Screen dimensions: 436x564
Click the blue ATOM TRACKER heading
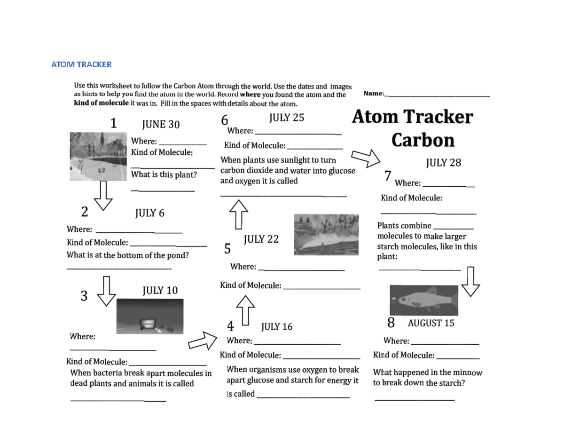point(81,64)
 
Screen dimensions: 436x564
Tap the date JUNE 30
point(161,124)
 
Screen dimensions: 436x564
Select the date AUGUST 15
point(431,323)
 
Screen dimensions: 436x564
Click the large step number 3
point(84,296)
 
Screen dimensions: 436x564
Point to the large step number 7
point(387,176)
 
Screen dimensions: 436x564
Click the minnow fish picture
point(424,300)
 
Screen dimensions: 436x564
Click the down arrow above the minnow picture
point(470,281)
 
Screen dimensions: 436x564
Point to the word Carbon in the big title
point(423,140)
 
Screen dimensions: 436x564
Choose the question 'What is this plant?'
point(164,174)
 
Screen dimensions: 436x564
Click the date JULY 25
point(286,118)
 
